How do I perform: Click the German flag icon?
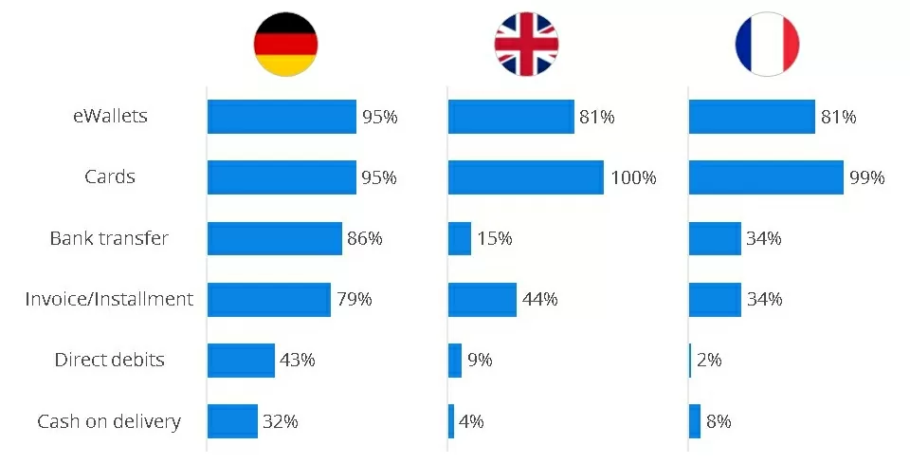285,45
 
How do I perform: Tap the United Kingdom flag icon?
526,45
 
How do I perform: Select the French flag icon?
767,45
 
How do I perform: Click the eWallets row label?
110,117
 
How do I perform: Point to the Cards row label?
110,177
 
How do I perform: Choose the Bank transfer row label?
109,238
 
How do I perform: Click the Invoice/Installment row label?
109,299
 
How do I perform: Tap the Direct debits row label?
109,360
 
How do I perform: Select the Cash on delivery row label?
109,421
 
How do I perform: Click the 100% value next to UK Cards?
632,177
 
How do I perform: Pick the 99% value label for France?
867,177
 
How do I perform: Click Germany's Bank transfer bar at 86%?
274,238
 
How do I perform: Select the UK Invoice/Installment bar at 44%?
482,299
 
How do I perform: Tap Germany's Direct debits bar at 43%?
241,361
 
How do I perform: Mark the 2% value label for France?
709,361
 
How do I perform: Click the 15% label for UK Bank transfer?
494,238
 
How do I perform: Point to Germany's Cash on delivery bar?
232,421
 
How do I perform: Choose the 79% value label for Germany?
354,299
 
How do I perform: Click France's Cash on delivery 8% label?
719,421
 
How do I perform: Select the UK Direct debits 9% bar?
455,361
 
